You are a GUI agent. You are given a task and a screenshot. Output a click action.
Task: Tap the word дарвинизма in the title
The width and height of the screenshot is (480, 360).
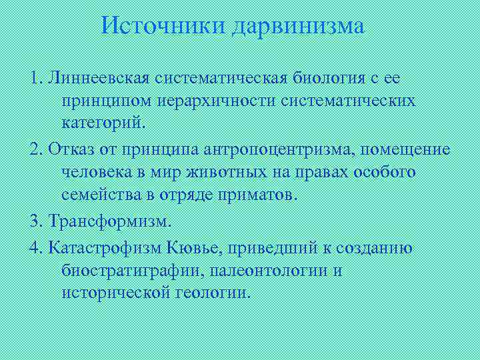[x=299, y=27]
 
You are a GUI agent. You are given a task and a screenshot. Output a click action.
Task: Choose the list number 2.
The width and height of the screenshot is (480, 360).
[x=35, y=149]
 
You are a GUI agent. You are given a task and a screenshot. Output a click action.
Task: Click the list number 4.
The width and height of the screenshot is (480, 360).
[x=35, y=248]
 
